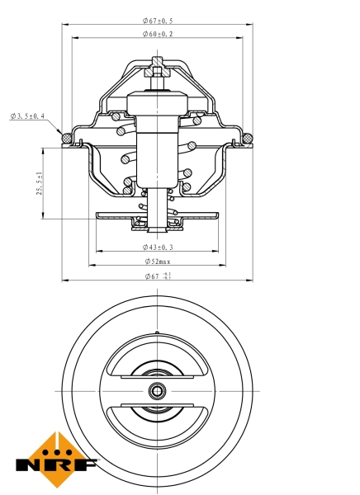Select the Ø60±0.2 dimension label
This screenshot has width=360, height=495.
[x=158, y=34]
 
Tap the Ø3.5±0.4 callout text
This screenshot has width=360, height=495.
[x=28, y=116]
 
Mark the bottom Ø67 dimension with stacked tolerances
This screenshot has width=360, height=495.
[x=158, y=276]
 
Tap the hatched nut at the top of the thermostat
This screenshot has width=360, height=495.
[x=158, y=73]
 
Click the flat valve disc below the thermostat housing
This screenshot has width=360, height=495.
[x=158, y=215]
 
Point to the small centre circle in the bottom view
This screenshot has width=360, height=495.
[x=158, y=390]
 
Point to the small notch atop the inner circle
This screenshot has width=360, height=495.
[x=158, y=333]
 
